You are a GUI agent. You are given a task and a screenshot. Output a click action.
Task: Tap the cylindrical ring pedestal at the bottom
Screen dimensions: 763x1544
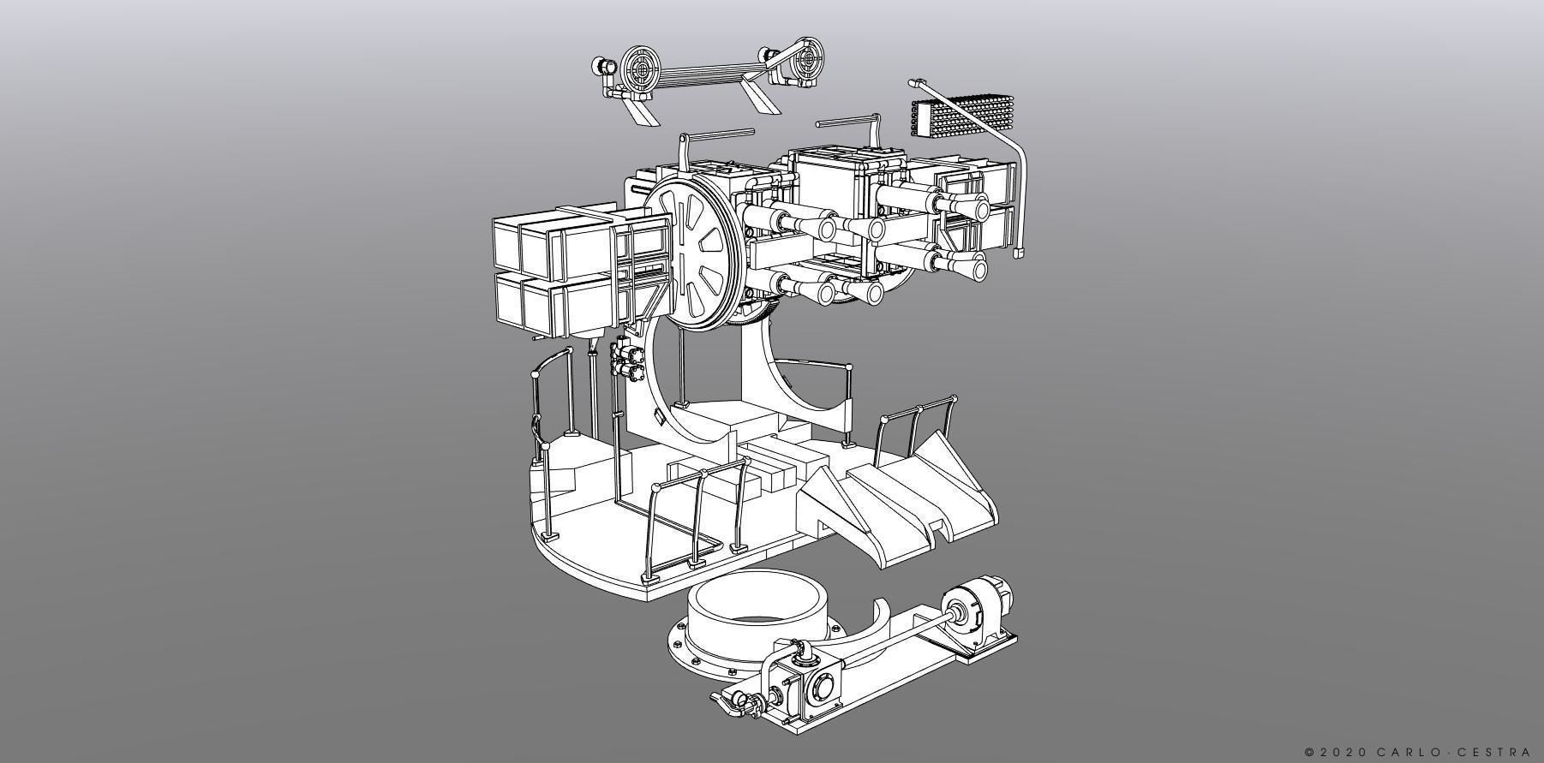click(x=756, y=611)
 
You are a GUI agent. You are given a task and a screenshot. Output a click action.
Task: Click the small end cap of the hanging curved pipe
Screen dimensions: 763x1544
click(x=1019, y=253)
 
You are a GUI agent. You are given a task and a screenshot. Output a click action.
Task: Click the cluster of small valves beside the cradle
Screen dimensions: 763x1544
click(x=626, y=360)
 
